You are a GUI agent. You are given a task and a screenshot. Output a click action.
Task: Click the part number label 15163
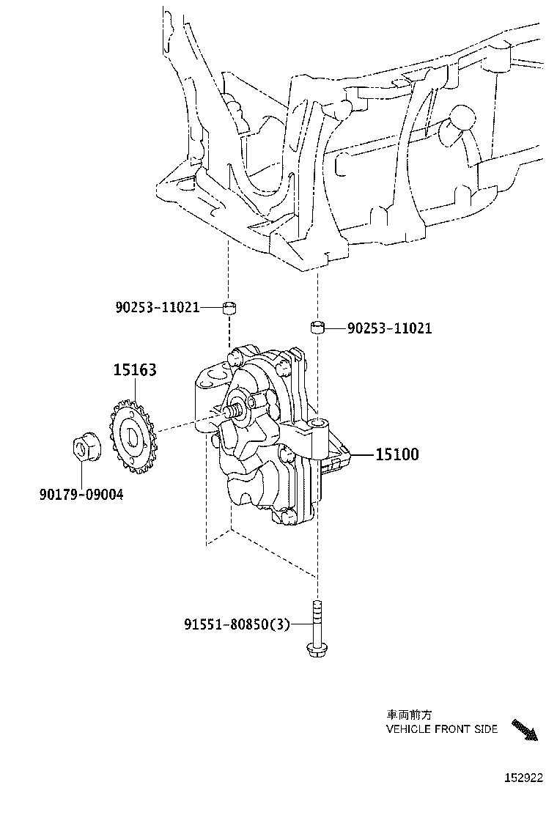134,370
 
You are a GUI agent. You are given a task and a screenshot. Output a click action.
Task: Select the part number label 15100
396,454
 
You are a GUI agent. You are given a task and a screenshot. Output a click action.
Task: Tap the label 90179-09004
81,495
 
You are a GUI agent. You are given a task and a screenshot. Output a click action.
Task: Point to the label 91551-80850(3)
237,624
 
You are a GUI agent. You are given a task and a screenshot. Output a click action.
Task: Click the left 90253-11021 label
157,308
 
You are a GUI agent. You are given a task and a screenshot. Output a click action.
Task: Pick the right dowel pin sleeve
317,326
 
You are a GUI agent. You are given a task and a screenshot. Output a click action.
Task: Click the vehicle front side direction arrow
524,731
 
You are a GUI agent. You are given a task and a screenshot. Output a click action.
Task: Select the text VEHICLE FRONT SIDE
441,729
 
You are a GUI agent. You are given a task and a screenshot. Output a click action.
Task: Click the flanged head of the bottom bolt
316,648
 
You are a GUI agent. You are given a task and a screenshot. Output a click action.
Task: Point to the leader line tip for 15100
353,455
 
